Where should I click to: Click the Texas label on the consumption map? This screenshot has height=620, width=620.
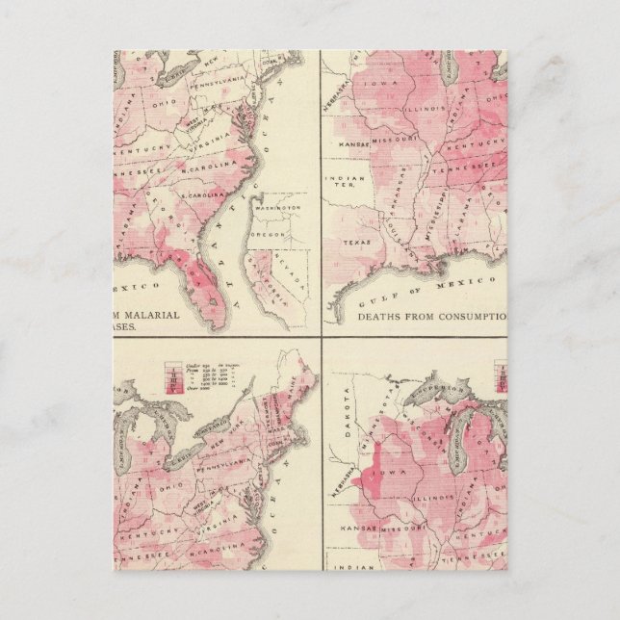[x=356, y=244]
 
